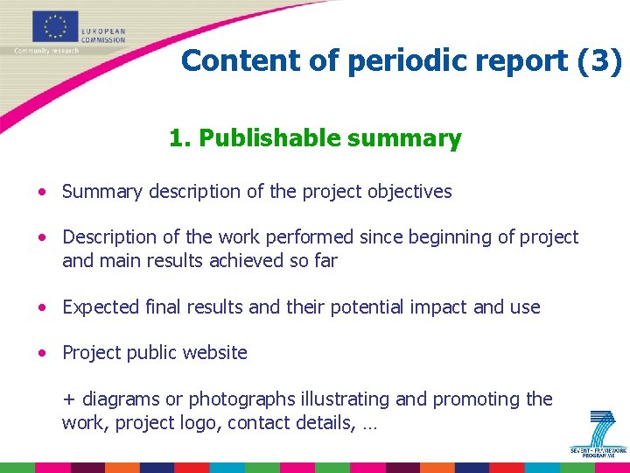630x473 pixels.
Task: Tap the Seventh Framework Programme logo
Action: (x=598, y=433)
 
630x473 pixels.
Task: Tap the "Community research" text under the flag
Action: (x=46, y=51)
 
